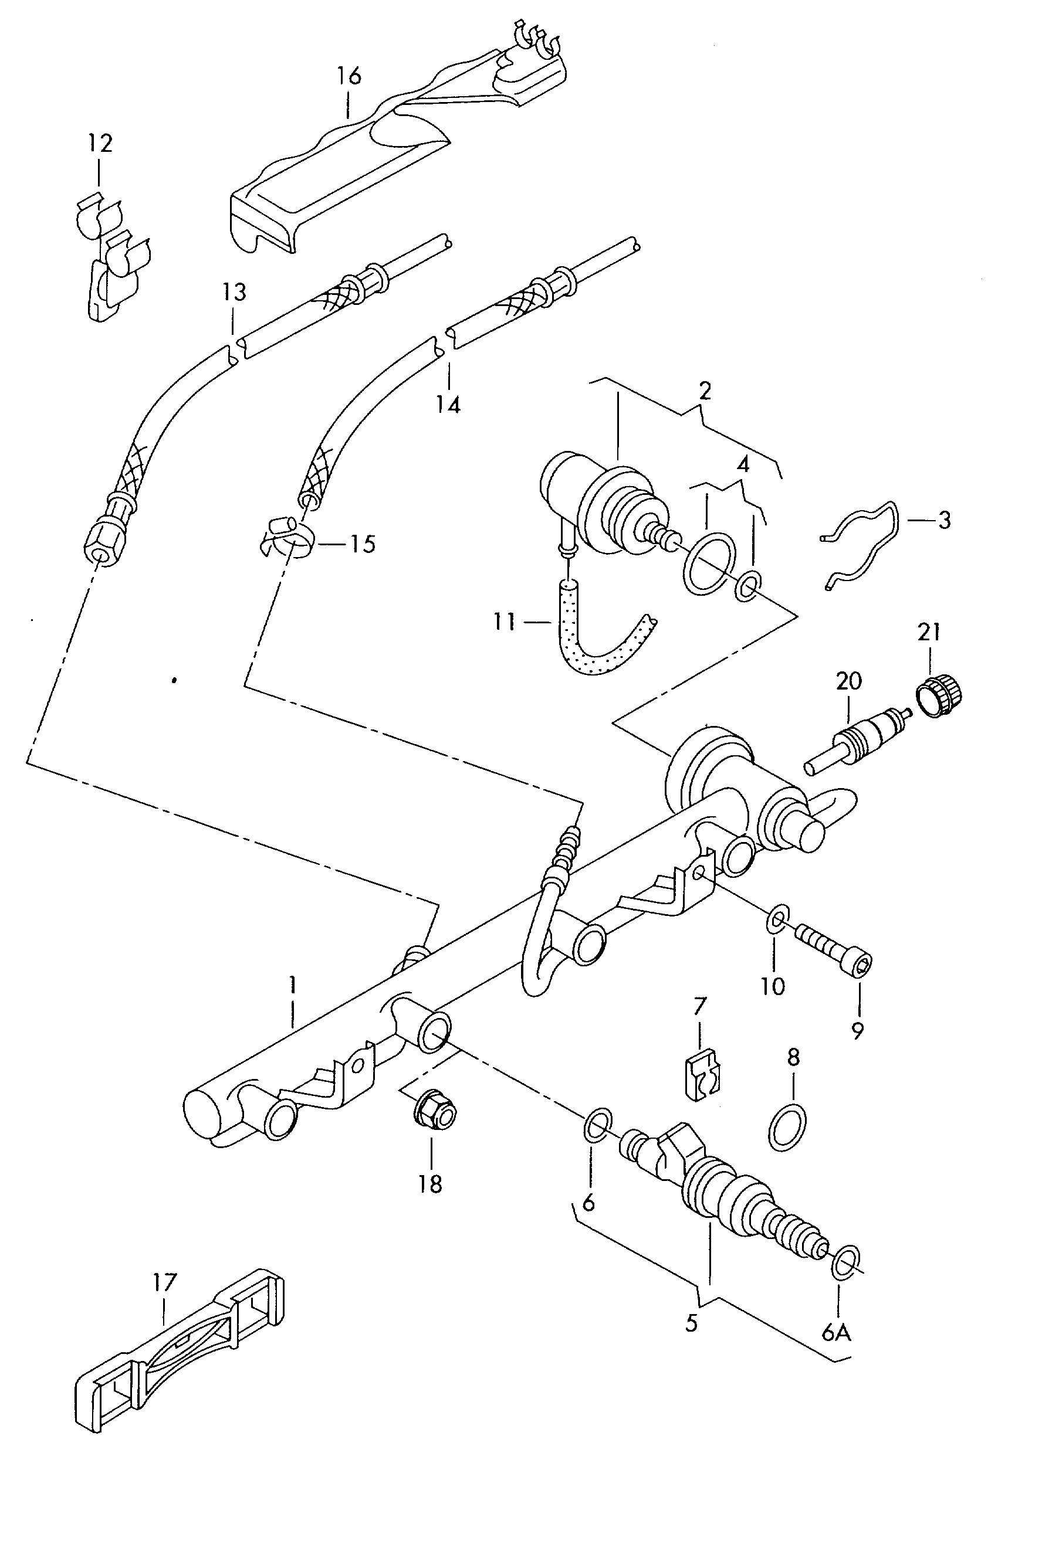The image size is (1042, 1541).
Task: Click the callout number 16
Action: click(349, 76)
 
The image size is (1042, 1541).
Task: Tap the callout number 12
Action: click(100, 142)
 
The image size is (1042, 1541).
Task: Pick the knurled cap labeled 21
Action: click(939, 698)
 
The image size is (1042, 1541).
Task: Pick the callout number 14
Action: click(448, 404)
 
